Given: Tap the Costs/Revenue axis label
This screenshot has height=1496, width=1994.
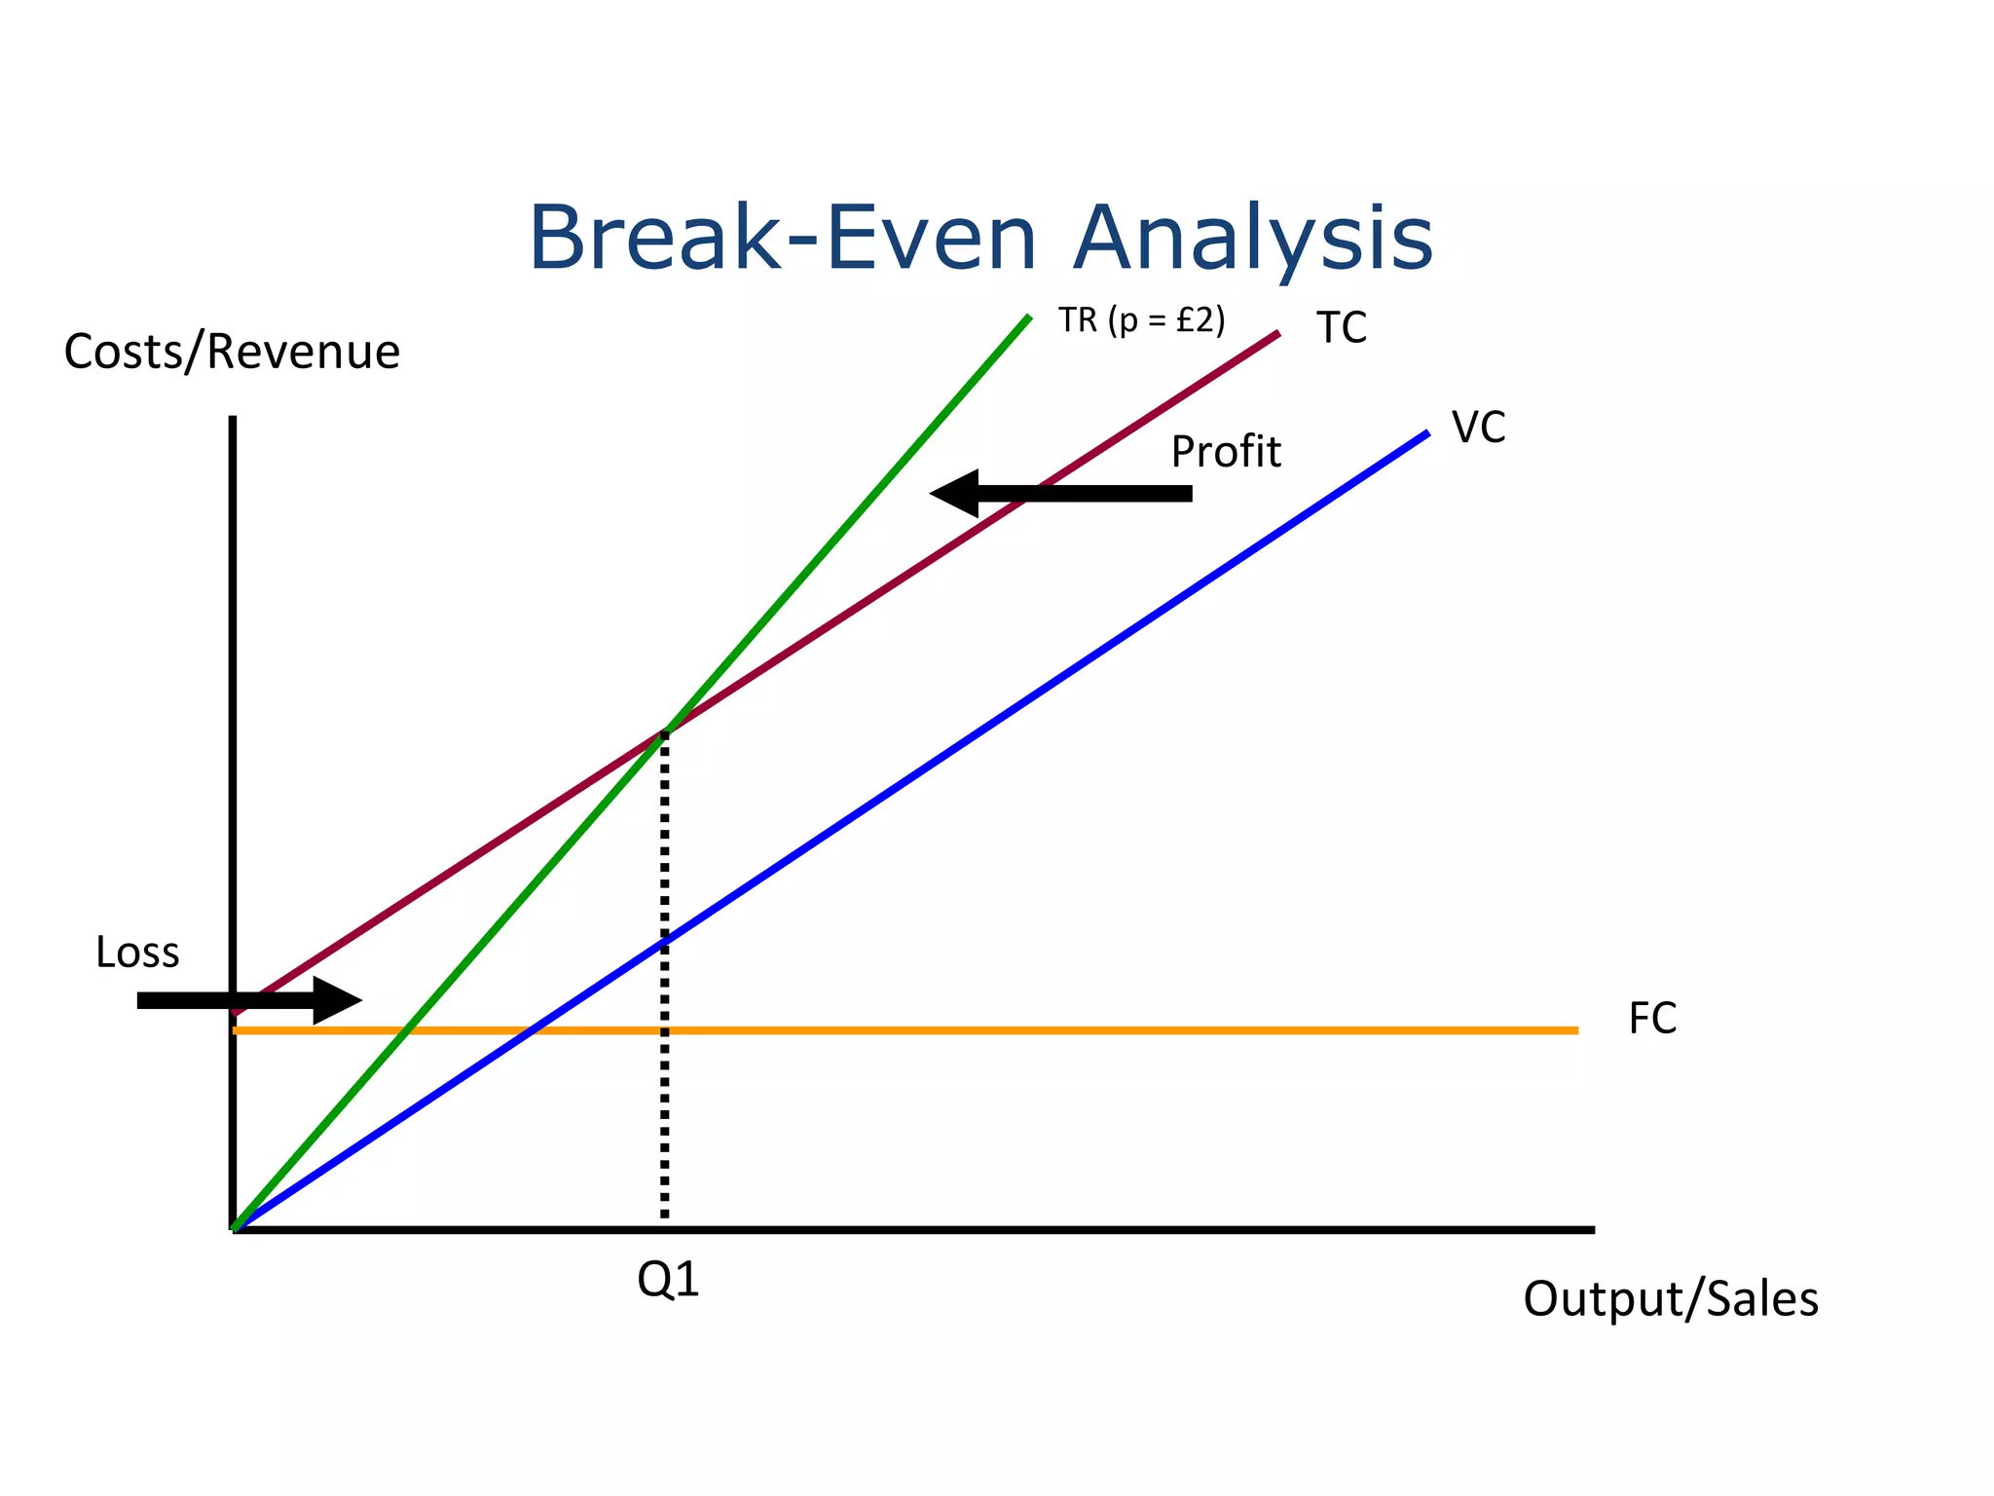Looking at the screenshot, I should pyautogui.click(x=232, y=352).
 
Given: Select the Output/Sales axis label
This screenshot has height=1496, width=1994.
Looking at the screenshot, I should pyautogui.click(x=1670, y=1299).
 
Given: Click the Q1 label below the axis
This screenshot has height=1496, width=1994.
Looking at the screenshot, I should pyautogui.click(x=668, y=1280).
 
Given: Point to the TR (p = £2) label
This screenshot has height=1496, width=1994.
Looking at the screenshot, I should pyautogui.click(x=1141, y=319).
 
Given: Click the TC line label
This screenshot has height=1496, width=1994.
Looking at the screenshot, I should pyautogui.click(x=1341, y=328).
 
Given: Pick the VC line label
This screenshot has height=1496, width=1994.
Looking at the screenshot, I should pyautogui.click(x=1478, y=428).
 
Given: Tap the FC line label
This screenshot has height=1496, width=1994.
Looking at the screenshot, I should pyautogui.click(x=1652, y=1020).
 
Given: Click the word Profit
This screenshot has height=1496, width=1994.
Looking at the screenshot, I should pyautogui.click(x=1225, y=452).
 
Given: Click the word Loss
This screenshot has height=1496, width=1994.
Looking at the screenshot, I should pyautogui.click(x=137, y=953).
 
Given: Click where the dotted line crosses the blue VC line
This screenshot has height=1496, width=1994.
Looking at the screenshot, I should pyautogui.click(x=665, y=941).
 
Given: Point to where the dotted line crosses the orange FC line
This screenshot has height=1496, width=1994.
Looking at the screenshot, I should pyautogui.click(x=665, y=1030).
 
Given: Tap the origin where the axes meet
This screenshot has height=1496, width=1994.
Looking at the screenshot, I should pyautogui.click(x=234, y=1229).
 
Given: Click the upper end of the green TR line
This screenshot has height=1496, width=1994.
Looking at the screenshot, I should pyautogui.click(x=1028, y=318).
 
